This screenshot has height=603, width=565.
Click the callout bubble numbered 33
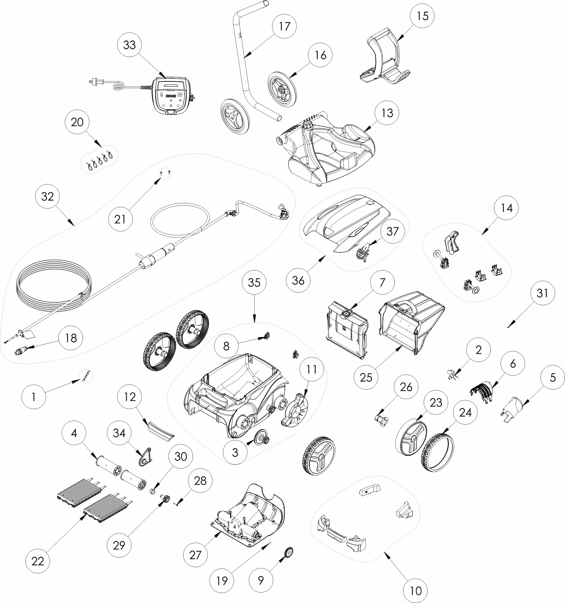(x=129, y=45)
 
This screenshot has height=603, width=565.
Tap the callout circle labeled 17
(x=284, y=26)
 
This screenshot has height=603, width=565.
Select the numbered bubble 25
(x=366, y=378)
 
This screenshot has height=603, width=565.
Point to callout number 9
(x=261, y=580)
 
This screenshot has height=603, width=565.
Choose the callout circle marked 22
(x=38, y=561)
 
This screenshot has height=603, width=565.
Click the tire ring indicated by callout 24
(x=438, y=453)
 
